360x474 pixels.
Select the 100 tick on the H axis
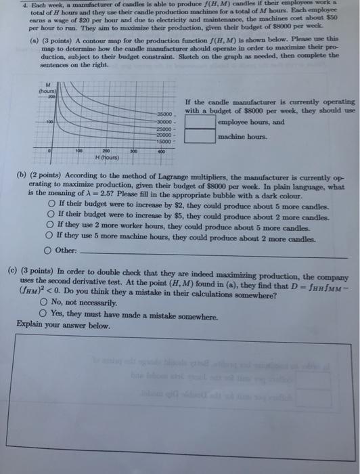coord(78,150)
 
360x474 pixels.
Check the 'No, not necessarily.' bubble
coord(43,302)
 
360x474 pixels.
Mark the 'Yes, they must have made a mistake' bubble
coord(43,313)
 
